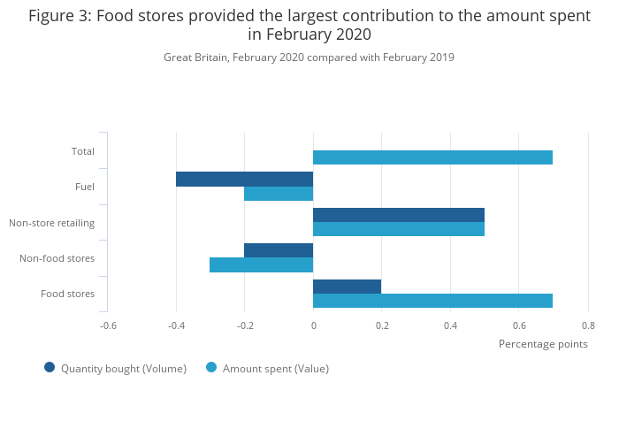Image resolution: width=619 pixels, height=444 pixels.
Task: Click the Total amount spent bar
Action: pyautogui.click(x=432, y=157)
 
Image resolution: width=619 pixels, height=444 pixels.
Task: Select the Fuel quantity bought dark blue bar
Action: pyautogui.click(x=244, y=179)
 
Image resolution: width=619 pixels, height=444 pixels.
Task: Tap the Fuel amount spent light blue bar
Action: pyautogui.click(x=279, y=194)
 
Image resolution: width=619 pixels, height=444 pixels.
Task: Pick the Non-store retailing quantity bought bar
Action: pyautogui.click(x=399, y=215)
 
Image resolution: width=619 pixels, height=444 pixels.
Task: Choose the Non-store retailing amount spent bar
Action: pyautogui.click(x=399, y=229)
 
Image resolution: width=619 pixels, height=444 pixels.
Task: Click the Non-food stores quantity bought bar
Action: pyautogui.click(x=279, y=250)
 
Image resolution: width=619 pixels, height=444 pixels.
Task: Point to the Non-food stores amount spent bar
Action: pyautogui.click(x=261, y=264)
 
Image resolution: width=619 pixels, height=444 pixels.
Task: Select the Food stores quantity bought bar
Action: pyautogui.click(x=347, y=287)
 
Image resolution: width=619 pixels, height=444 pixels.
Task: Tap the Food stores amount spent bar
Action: pyautogui.click(x=432, y=301)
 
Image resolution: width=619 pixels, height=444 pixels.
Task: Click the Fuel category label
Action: pyautogui.click(x=85, y=187)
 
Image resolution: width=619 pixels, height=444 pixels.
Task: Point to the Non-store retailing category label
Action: pyautogui.click(x=52, y=223)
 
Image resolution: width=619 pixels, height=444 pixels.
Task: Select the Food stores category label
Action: pyautogui.click(x=68, y=294)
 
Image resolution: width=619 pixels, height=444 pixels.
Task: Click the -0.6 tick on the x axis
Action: pyautogui.click(x=108, y=325)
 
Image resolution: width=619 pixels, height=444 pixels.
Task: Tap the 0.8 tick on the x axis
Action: pyautogui.click(x=588, y=325)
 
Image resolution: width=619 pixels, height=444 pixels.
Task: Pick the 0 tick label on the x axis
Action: pyautogui.click(x=313, y=325)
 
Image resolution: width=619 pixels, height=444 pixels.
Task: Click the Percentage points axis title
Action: pyautogui.click(x=543, y=344)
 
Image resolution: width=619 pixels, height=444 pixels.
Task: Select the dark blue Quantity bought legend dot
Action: pyautogui.click(x=50, y=368)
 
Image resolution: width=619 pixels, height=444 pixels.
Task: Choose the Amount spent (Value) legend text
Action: pyautogui.click(x=276, y=369)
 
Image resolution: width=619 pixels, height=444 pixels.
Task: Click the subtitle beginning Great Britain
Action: pyautogui.click(x=309, y=57)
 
